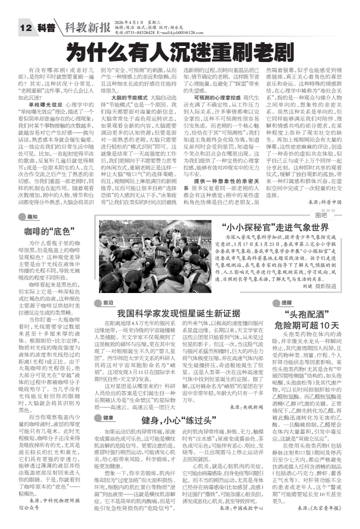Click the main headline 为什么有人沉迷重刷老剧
179,50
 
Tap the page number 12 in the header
25,28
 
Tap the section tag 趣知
32,216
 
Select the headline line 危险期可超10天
307,325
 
